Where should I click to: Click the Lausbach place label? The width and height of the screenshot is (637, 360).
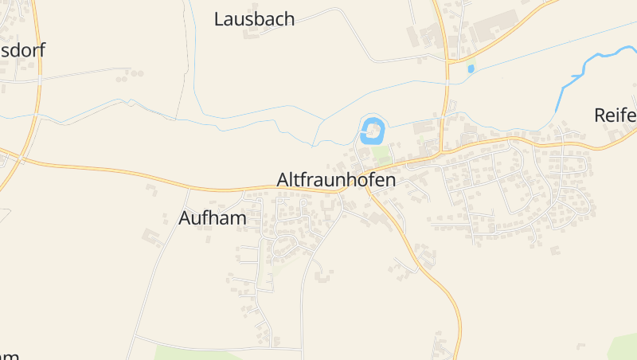[x=254, y=19]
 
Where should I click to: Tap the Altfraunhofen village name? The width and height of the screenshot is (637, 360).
[x=336, y=180]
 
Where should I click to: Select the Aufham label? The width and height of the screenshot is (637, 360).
[x=213, y=217]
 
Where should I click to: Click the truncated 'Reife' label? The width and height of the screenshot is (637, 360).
[x=616, y=115]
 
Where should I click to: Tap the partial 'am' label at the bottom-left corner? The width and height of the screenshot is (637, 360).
[x=10, y=355]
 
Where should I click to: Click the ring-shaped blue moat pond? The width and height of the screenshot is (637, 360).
[x=372, y=130]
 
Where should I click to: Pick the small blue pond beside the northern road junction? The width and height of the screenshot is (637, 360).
[x=471, y=69]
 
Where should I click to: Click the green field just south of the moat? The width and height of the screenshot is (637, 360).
[x=383, y=153]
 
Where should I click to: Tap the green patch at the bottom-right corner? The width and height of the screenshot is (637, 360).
[x=623, y=346]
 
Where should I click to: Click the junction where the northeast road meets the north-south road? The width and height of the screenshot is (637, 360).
[x=449, y=61]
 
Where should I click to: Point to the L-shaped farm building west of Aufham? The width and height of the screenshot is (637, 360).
[x=150, y=237]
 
